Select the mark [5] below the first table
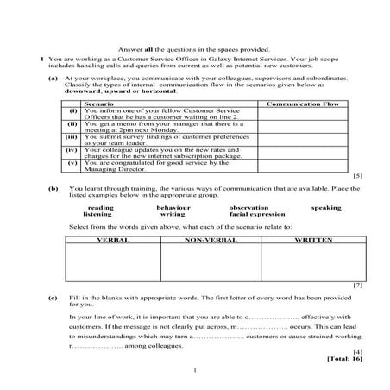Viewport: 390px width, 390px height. [357, 176]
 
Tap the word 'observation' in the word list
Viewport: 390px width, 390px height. [248, 207]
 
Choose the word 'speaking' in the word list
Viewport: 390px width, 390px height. [326, 207]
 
